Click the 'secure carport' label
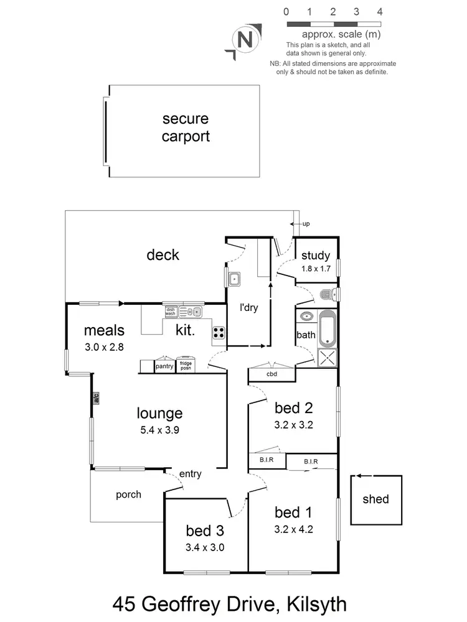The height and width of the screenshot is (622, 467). coord(185,128)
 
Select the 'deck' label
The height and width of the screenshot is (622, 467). coord(163,254)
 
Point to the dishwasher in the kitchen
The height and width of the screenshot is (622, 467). coord(171,311)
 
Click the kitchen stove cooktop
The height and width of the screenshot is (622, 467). coord(219,333)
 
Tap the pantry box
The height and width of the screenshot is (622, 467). coord(164,366)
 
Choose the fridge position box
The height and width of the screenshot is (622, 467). coord(186,366)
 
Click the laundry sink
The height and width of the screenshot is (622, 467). coord(234,279)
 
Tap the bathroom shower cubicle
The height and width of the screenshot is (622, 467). coord(328,357)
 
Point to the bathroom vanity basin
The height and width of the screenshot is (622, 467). coord(306,317)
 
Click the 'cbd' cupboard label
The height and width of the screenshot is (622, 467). coord(271,374)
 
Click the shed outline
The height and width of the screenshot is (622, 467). coord(375,499)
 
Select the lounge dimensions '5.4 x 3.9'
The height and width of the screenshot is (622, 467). coord(160,429)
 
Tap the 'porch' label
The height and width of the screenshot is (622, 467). coord(128,495)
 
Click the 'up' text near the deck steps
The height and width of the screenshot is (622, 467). coord(306,224)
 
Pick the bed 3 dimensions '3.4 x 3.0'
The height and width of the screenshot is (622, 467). coord(205,548)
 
